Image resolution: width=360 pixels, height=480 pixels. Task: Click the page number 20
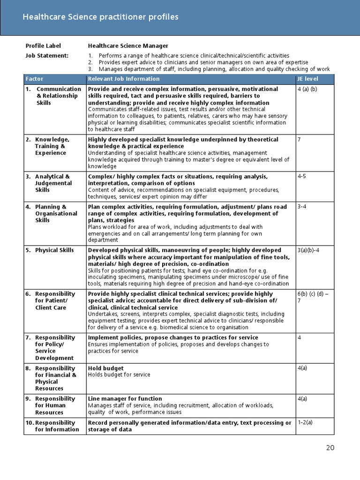click(x=330, y=448)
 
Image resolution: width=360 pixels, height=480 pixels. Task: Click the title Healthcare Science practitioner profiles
click(x=101, y=17)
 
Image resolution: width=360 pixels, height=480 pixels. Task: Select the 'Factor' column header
click(x=34, y=79)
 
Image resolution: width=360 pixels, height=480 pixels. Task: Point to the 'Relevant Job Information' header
click(x=124, y=79)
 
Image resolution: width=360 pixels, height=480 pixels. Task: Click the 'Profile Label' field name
click(x=43, y=46)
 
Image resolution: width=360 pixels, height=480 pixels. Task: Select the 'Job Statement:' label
click(x=47, y=55)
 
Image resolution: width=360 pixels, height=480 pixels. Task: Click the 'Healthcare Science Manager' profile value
click(x=128, y=46)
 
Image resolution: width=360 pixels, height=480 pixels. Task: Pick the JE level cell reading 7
click(x=299, y=140)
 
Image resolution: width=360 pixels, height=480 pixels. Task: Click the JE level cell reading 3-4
click(x=302, y=207)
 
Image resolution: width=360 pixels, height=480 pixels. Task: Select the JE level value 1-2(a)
click(x=305, y=423)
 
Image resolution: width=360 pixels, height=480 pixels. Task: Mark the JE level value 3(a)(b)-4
click(x=311, y=250)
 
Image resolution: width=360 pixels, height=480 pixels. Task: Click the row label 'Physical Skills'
click(x=54, y=250)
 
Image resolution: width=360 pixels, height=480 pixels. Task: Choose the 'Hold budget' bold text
click(x=106, y=368)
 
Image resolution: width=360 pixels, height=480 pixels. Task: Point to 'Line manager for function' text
click(x=125, y=398)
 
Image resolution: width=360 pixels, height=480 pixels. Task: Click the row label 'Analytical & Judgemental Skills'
click(x=53, y=183)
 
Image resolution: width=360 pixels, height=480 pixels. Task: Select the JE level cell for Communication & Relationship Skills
click(x=307, y=89)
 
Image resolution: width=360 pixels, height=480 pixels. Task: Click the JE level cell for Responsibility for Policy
click(x=299, y=338)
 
